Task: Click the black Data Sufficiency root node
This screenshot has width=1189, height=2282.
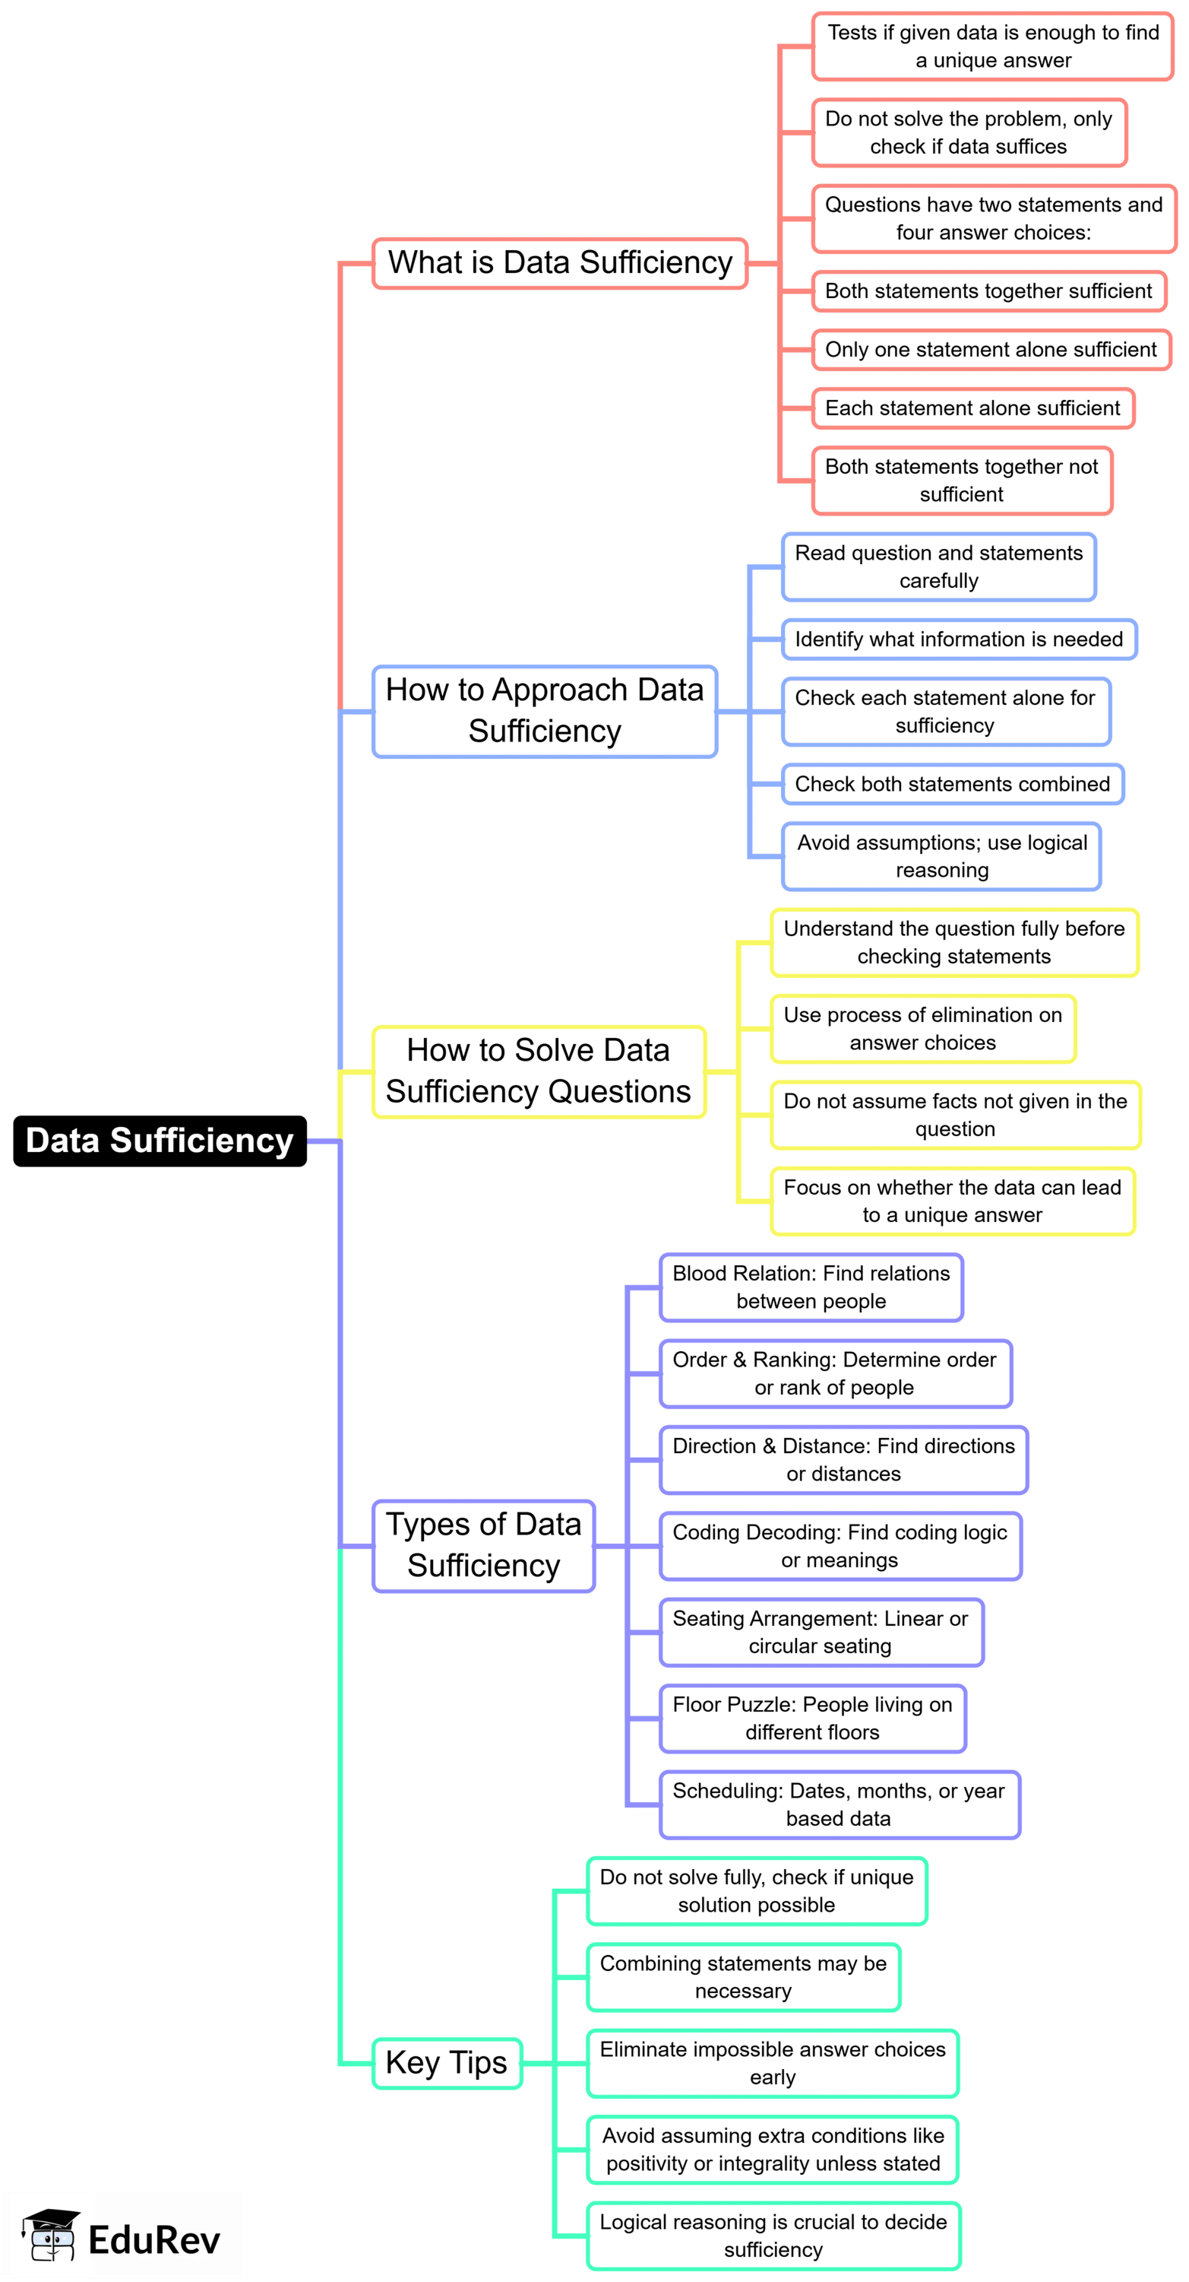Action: point(160,1140)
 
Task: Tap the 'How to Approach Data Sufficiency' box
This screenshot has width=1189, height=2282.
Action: point(545,710)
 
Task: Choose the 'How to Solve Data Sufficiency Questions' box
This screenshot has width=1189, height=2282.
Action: point(539,1071)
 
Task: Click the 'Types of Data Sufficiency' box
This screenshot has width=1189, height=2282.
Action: point(483,1545)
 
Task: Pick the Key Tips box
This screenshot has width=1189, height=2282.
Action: point(446,2063)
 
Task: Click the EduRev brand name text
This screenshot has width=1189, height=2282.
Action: point(154,2240)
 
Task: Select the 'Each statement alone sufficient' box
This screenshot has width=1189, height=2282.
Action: point(972,408)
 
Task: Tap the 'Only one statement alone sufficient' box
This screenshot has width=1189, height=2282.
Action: point(991,350)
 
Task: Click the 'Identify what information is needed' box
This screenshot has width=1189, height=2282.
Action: point(959,639)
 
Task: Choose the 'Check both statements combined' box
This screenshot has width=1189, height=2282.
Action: point(952,784)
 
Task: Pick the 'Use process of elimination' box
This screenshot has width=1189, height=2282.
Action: point(922,1029)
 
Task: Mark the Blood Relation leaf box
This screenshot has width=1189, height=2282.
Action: point(811,1287)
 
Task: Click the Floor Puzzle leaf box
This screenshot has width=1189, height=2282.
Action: point(812,1718)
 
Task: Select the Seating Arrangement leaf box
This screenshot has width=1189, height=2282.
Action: point(821,1632)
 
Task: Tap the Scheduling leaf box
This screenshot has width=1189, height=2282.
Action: point(840,1804)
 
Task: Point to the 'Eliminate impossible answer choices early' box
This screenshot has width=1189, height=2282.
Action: point(772,2063)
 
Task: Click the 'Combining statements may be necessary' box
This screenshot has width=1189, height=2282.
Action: point(743,1976)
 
